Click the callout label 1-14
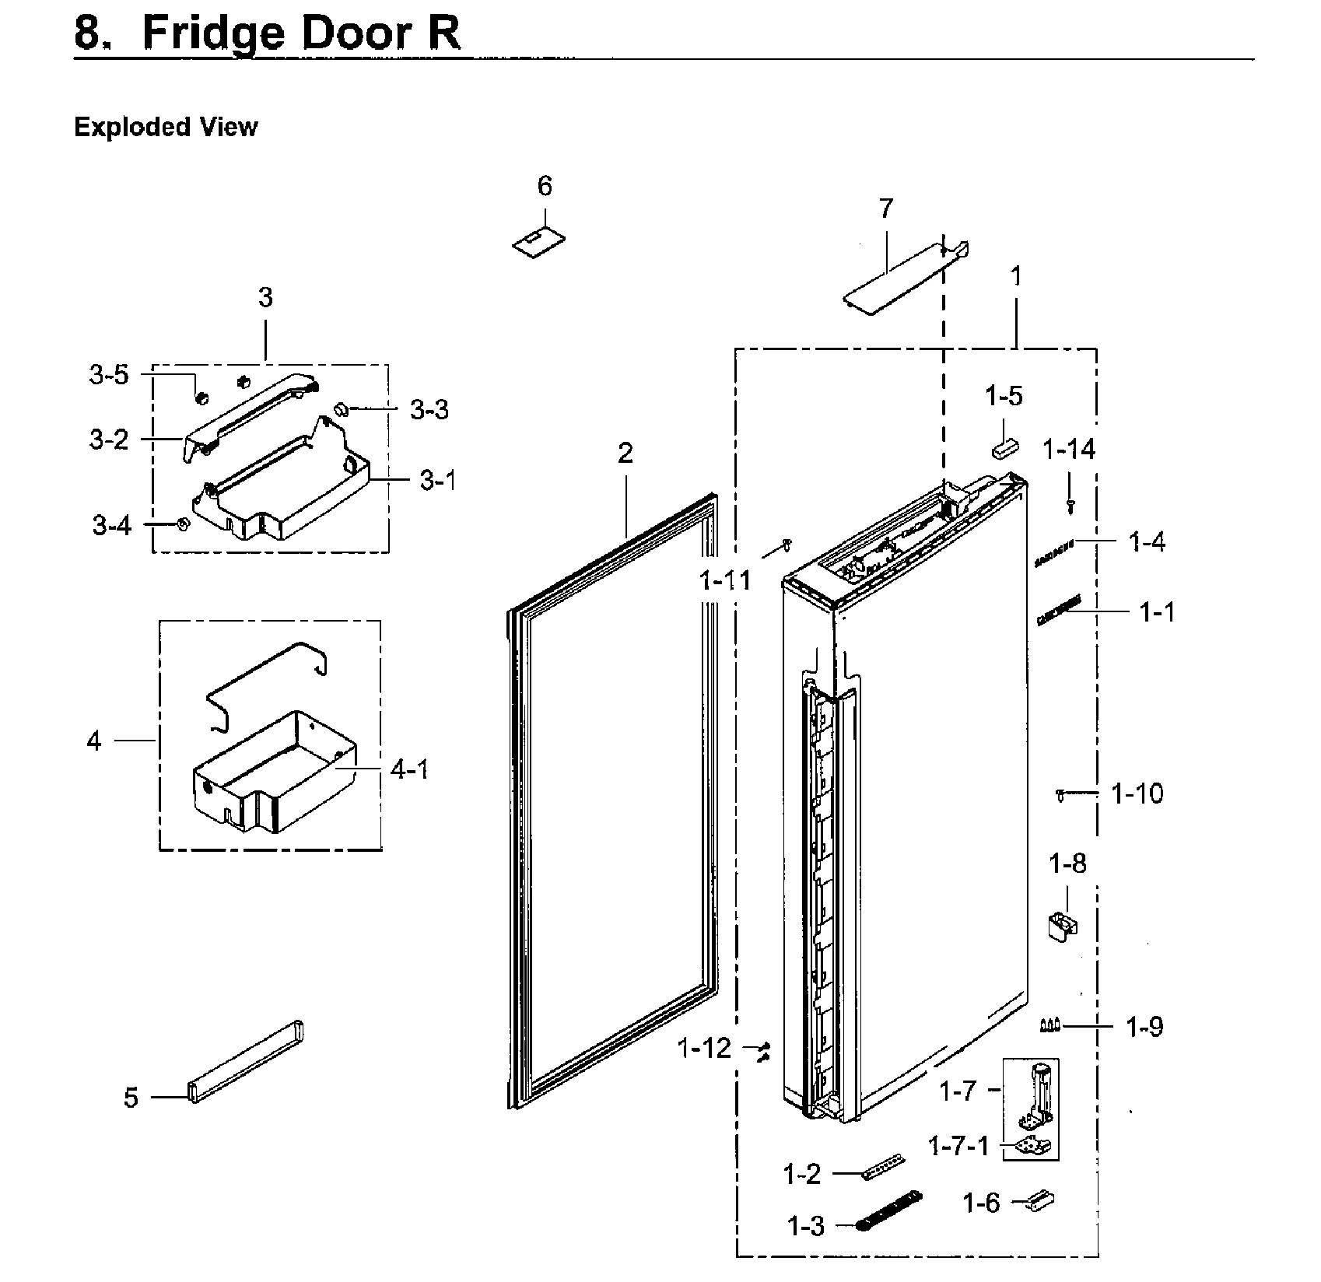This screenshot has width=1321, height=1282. click(x=1068, y=449)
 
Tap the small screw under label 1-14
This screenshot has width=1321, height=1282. click(x=1070, y=506)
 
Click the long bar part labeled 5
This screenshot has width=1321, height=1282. click(x=245, y=1061)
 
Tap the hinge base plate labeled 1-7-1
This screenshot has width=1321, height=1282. click(x=1031, y=1145)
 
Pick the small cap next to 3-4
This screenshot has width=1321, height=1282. click(x=182, y=524)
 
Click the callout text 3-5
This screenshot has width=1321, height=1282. click(x=108, y=375)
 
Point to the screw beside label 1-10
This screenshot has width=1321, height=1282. click(x=1060, y=794)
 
